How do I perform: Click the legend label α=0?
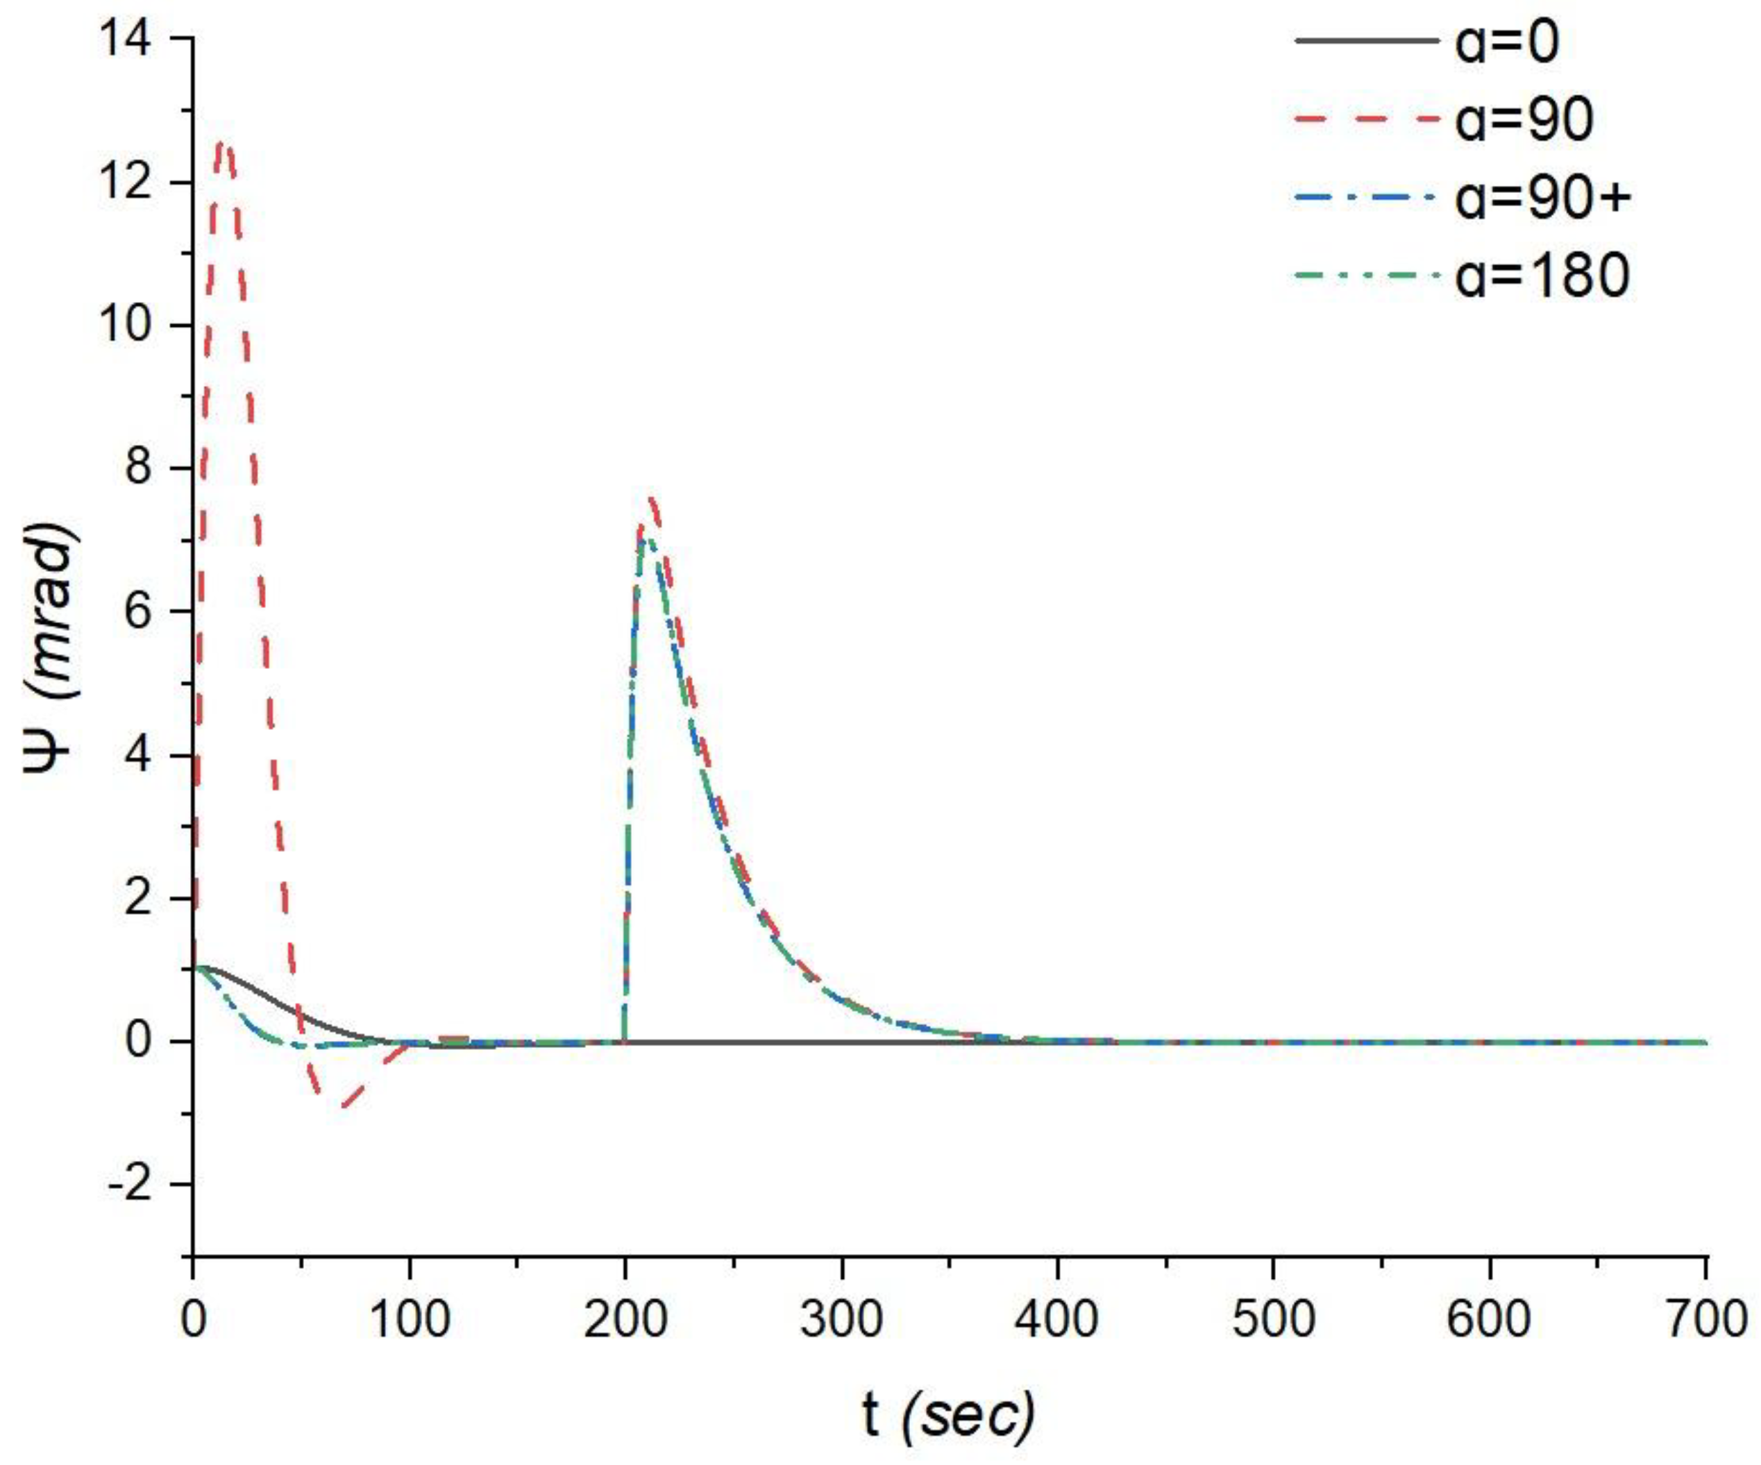(1507, 42)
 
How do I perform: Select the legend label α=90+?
(1543, 201)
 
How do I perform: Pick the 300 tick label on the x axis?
(841, 1319)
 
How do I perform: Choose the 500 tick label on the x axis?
(1273, 1319)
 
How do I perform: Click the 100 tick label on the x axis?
(410, 1319)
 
